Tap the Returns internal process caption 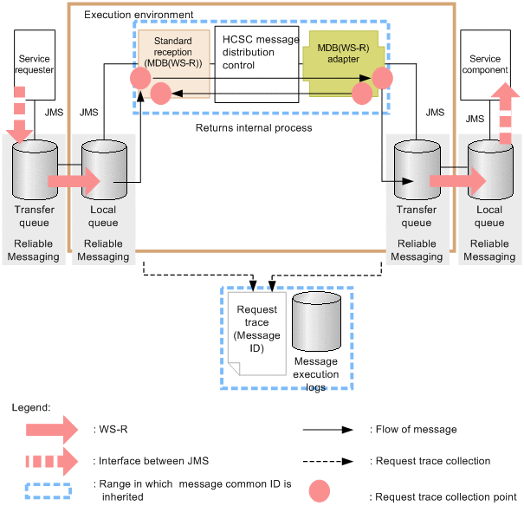coord(254,128)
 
